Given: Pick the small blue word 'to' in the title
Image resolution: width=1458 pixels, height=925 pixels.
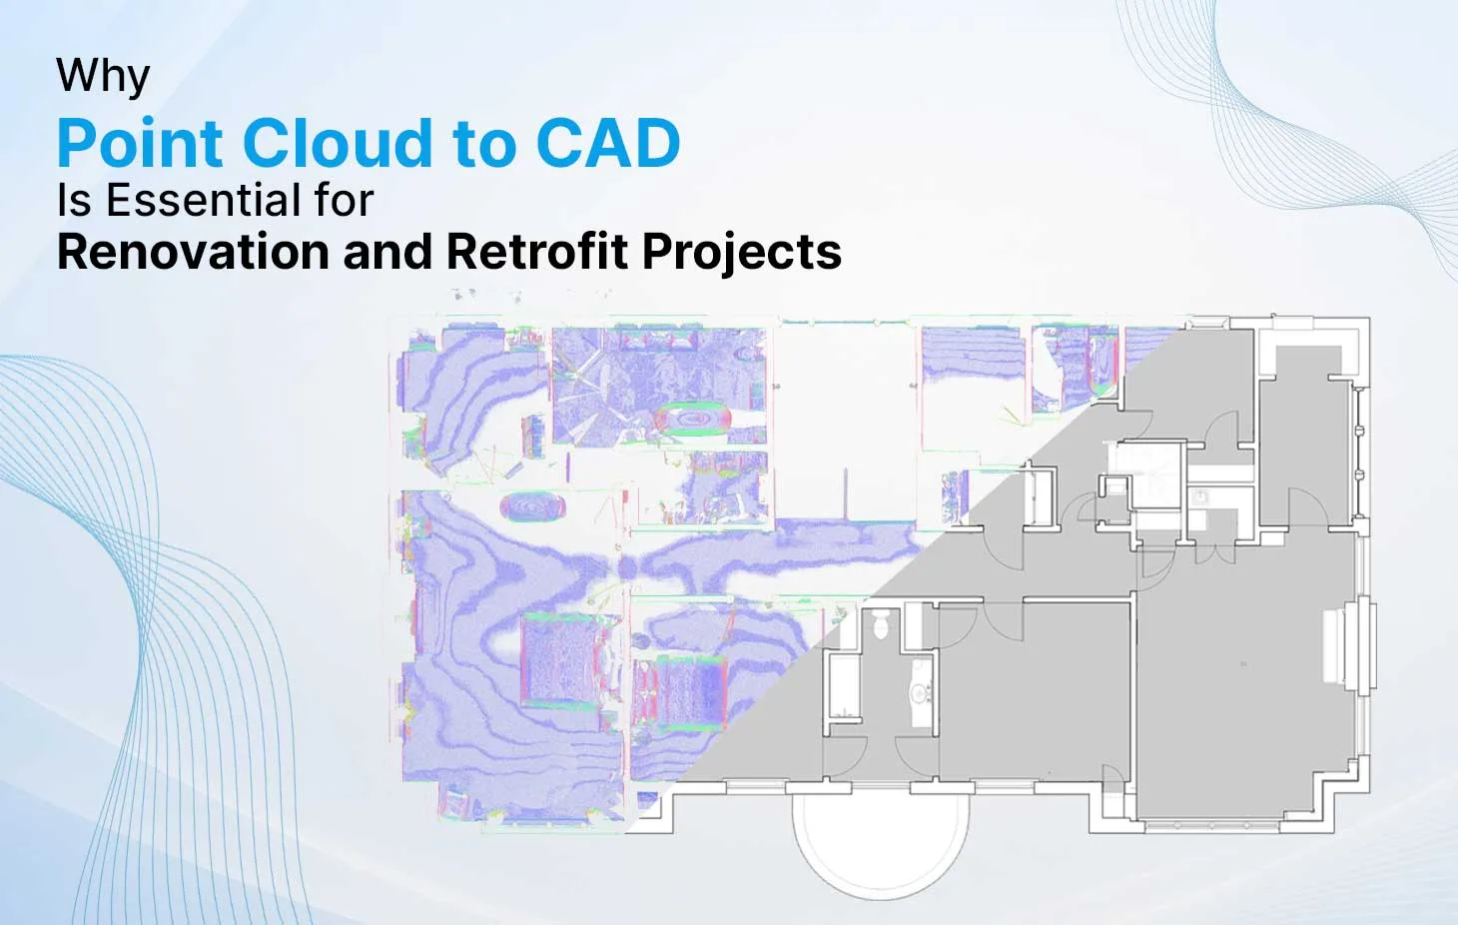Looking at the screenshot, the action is click(x=484, y=147).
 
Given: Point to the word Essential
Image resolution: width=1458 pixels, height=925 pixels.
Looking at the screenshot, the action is click(x=202, y=200).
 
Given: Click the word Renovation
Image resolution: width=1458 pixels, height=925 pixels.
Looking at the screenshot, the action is click(x=193, y=252).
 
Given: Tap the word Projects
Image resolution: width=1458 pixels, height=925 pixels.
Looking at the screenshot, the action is click(x=741, y=253).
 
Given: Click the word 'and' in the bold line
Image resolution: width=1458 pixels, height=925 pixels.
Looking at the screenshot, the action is click(x=387, y=252).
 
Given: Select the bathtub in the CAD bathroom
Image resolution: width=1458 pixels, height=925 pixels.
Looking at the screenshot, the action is click(x=844, y=686).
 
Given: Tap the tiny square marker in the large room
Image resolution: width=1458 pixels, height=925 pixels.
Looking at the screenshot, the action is click(x=1244, y=664).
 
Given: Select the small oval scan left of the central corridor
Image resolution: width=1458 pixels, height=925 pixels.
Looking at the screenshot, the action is click(x=532, y=506).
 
